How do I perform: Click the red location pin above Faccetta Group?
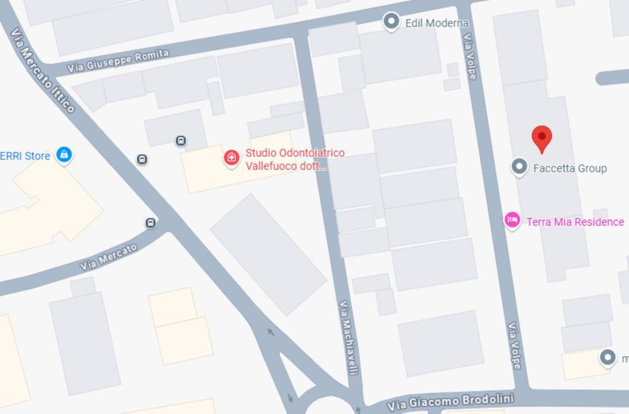(x=541, y=138)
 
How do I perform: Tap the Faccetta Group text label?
(x=570, y=168)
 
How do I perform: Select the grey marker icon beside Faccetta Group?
(x=520, y=167)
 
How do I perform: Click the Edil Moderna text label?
(x=437, y=23)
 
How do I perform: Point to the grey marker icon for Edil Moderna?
(x=391, y=22)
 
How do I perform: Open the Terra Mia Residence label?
(x=575, y=222)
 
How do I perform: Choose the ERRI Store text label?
(x=25, y=156)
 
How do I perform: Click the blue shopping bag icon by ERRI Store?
(x=63, y=154)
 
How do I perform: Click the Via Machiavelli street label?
(x=348, y=337)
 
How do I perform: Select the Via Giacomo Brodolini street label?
(x=450, y=400)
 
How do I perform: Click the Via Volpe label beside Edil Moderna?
(x=470, y=56)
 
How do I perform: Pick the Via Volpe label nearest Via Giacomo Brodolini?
(x=514, y=346)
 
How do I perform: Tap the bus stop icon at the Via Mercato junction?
(x=150, y=223)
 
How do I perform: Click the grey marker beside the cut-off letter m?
(x=608, y=357)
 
